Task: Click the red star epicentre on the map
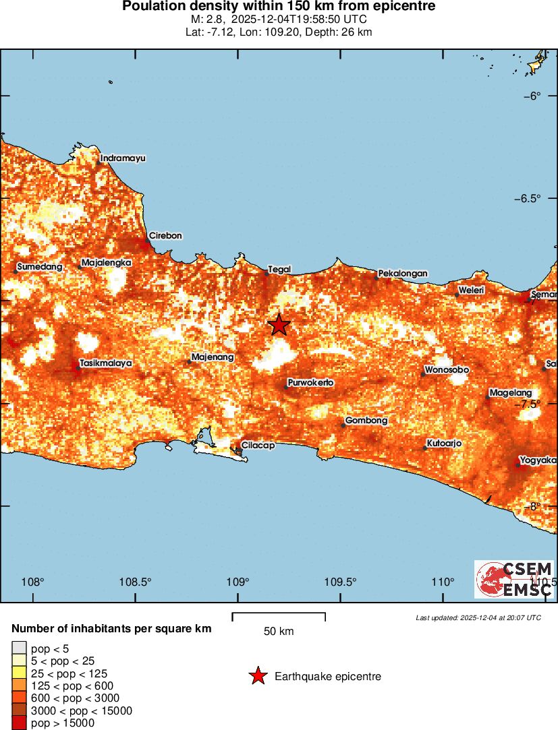point(279,325)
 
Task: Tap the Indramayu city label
point(123,158)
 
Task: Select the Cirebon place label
point(165,236)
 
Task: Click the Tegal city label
point(279,270)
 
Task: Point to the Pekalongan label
point(403,274)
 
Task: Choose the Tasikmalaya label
point(105,363)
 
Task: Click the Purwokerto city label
point(310,383)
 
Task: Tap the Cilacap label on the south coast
point(258,446)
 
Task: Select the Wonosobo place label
point(446,371)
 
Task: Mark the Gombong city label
point(366,421)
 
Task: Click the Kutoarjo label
point(443,445)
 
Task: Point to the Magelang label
point(511,393)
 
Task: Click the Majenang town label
point(213,357)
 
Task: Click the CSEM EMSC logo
point(514,579)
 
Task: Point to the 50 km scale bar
point(279,615)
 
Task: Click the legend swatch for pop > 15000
point(20,723)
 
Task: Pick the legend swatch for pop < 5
point(20,648)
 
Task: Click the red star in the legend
point(257,676)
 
